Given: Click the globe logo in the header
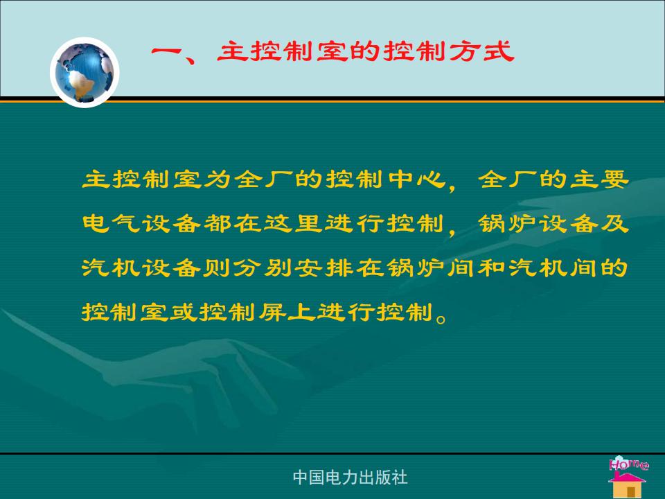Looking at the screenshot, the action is [x=85, y=72].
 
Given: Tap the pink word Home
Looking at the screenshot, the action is [x=628, y=464].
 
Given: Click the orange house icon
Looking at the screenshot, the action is [x=628, y=484].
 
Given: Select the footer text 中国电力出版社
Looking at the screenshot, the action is [x=351, y=478].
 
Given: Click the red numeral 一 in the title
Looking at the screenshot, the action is [x=167, y=52].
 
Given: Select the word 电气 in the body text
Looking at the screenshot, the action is [x=111, y=223].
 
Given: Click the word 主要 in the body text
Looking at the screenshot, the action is [x=599, y=179].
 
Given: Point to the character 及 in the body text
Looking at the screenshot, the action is [x=614, y=223].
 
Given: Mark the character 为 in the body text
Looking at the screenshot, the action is [x=218, y=179].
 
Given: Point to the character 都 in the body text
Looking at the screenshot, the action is [x=218, y=223].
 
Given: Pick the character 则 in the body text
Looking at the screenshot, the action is [x=218, y=268].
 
